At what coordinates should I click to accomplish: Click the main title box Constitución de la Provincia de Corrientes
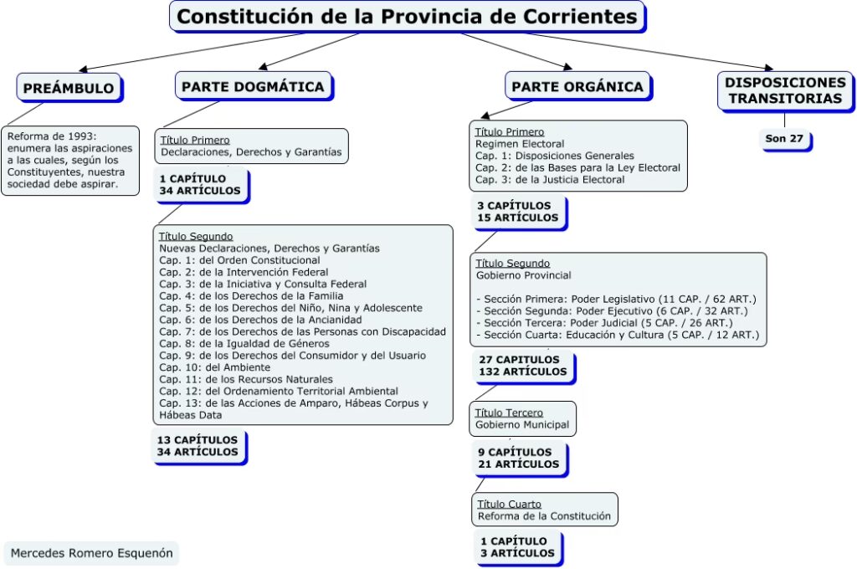click(x=407, y=16)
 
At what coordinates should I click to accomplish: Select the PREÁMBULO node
click(x=69, y=88)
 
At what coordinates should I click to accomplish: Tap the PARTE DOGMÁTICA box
click(x=253, y=86)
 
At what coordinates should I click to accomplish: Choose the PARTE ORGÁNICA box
click(x=577, y=86)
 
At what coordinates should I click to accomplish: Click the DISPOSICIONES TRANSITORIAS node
click(x=785, y=90)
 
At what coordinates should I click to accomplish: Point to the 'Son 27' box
click(x=784, y=138)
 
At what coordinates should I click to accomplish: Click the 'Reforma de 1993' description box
click(x=69, y=160)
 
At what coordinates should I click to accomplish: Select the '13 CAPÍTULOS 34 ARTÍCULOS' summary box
click(x=198, y=445)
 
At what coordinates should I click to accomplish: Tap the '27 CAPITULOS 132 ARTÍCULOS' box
click(x=523, y=366)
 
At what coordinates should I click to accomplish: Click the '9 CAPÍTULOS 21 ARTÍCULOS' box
click(x=518, y=458)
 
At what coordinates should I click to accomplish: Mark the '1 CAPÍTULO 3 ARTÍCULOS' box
click(x=518, y=547)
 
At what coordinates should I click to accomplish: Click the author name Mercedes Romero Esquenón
click(x=90, y=553)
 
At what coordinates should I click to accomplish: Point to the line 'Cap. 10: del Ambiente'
click(x=215, y=367)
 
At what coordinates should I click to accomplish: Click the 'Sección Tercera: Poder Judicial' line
click(x=605, y=322)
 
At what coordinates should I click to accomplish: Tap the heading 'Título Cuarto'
click(x=509, y=504)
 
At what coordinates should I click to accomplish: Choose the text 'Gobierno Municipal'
click(x=522, y=424)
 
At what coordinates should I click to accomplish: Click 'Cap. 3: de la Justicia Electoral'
click(x=550, y=179)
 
